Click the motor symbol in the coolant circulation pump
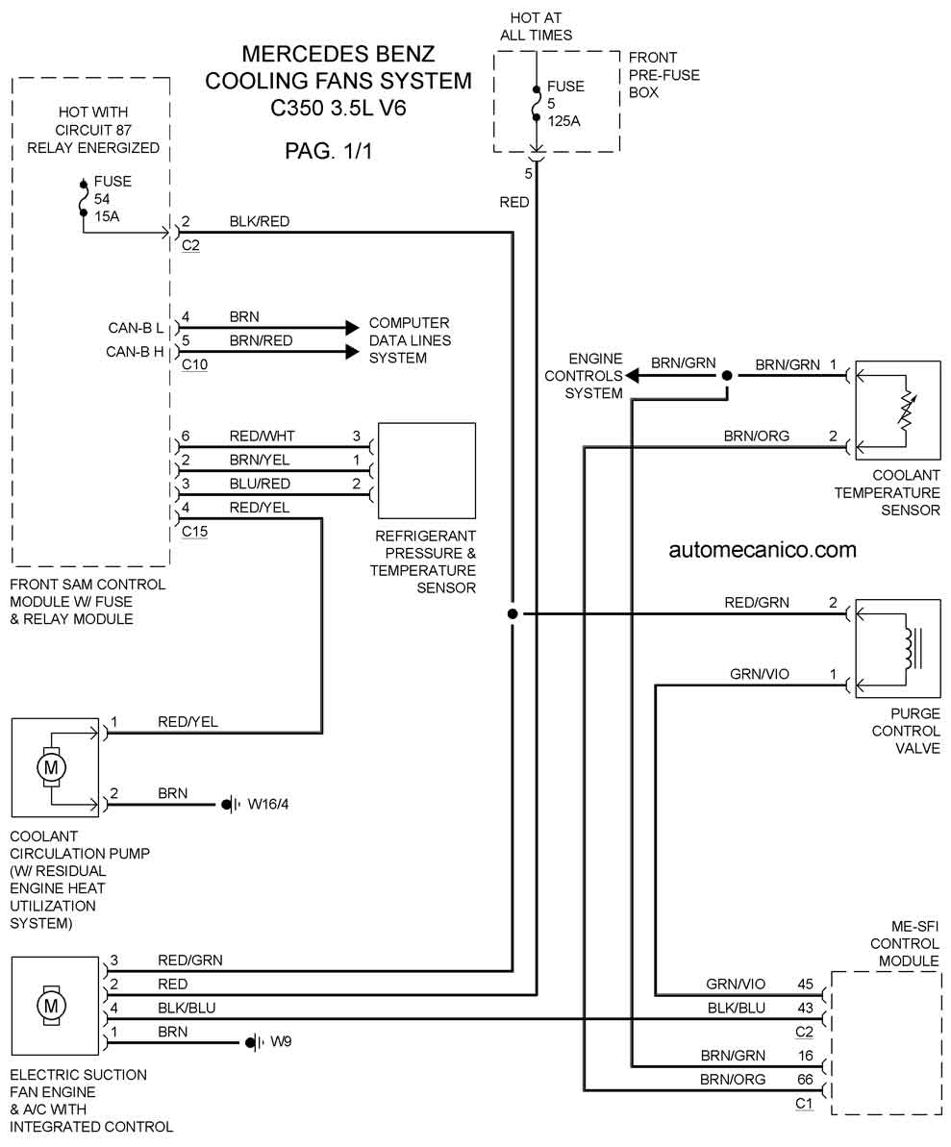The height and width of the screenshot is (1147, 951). (x=51, y=767)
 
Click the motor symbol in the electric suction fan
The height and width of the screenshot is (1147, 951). (x=51, y=1006)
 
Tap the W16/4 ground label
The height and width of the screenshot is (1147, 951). (x=267, y=805)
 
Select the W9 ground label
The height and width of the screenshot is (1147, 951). (x=281, y=1041)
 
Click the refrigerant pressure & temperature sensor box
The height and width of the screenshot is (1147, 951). (x=427, y=471)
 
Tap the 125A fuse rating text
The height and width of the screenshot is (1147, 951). (x=563, y=121)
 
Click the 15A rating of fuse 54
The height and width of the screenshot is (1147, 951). (x=107, y=216)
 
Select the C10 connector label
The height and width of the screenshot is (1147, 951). (x=194, y=364)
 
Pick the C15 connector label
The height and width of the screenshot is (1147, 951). (x=194, y=532)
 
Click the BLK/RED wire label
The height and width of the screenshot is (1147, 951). (x=259, y=222)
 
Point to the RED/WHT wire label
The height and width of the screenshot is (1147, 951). (x=262, y=436)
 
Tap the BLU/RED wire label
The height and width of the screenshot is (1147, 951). (x=260, y=485)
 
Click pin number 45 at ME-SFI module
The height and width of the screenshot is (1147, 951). (x=805, y=985)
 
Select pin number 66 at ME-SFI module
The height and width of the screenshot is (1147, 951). (x=805, y=1080)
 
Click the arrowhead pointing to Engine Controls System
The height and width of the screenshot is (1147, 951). (x=632, y=376)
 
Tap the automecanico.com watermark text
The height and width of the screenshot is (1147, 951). (x=763, y=550)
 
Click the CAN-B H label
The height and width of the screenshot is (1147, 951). (x=135, y=352)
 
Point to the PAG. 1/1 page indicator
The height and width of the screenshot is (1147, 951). (x=329, y=151)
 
